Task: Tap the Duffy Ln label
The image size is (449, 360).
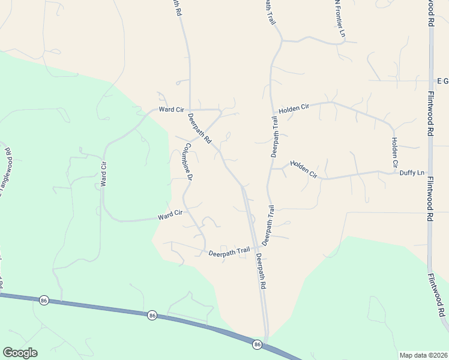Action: pyautogui.click(x=412, y=173)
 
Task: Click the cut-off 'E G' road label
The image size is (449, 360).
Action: pyautogui.click(x=442, y=80)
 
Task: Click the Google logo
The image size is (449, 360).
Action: pyautogui.click(x=20, y=353)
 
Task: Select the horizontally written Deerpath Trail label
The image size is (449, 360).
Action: pyautogui.click(x=229, y=253)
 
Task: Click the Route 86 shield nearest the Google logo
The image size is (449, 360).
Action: pyautogui.click(x=43, y=300)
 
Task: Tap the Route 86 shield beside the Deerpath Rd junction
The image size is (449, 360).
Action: pyautogui.click(x=257, y=344)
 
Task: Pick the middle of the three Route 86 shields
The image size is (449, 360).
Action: pyautogui.click(x=152, y=315)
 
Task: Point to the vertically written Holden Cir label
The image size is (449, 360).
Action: pyautogui.click(x=395, y=152)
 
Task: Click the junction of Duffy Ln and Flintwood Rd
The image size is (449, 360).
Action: pyautogui.click(x=430, y=173)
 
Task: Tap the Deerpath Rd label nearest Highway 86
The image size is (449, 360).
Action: pyautogui.click(x=261, y=272)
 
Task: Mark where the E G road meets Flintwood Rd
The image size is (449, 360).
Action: pyautogui.click(x=430, y=80)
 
